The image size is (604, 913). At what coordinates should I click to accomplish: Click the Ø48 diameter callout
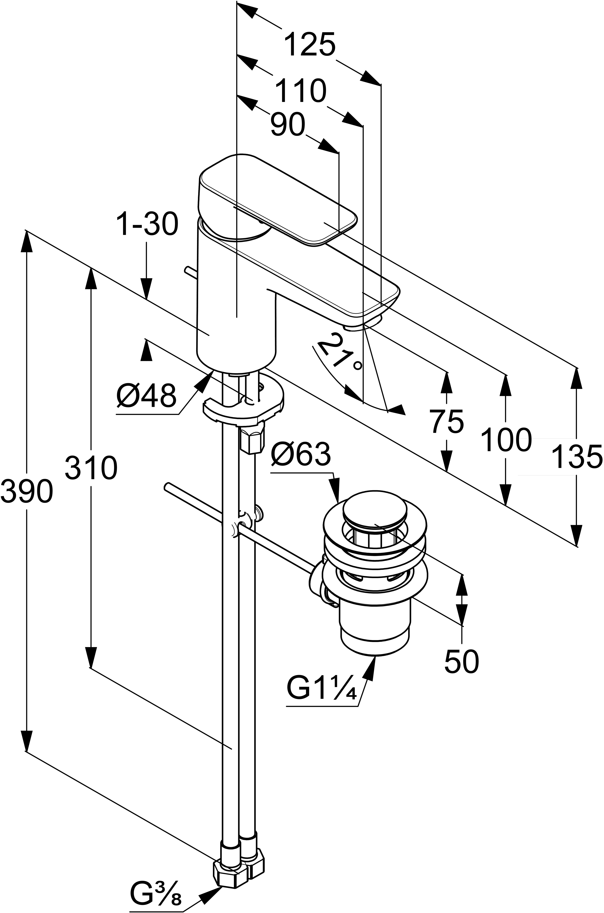pyautogui.click(x=146, y=396)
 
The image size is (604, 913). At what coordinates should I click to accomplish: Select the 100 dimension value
pyautogui.click(x=506, y=439)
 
